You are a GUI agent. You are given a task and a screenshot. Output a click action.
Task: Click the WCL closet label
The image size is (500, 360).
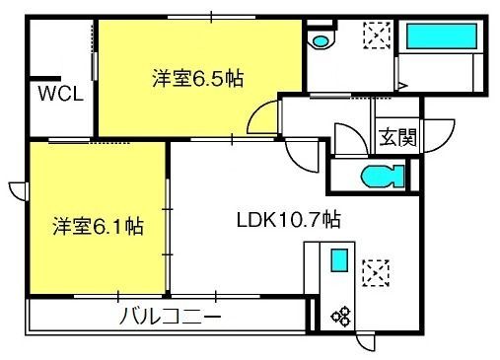tap(60, 94)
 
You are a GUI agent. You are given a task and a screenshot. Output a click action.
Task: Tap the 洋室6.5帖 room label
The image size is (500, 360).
tap(198, 78)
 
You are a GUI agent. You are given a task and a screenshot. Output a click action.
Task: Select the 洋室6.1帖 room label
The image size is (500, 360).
tap(99, 226)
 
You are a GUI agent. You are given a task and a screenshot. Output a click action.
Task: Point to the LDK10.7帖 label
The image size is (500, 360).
tap(289, 220)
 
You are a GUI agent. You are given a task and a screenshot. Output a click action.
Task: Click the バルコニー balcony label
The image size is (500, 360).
tap(170, 317)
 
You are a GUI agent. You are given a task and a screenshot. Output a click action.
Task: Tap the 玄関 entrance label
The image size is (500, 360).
tap(397, 137)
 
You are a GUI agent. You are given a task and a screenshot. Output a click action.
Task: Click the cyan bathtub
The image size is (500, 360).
tap(442, 36)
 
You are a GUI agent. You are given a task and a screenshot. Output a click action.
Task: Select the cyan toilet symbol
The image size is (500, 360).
tap(383, 177)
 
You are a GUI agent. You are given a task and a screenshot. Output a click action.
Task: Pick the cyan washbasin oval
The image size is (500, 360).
tap(321, 41)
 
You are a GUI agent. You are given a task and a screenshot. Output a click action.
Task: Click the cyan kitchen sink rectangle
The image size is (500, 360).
tap(339, 260)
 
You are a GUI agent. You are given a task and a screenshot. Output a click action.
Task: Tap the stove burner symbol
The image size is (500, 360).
tap(340, 317)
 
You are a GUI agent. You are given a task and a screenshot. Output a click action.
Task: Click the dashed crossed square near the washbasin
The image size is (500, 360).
tap(377, 36)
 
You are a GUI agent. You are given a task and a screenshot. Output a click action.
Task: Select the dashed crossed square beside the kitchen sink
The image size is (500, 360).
tap(376, 273)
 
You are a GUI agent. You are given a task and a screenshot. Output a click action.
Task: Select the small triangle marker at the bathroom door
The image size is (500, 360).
tap(402, 86)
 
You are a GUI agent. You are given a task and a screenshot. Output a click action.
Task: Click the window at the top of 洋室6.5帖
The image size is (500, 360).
tap(211, 17)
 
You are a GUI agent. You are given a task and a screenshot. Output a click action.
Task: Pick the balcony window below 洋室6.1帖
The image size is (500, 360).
tap(118, 296)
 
